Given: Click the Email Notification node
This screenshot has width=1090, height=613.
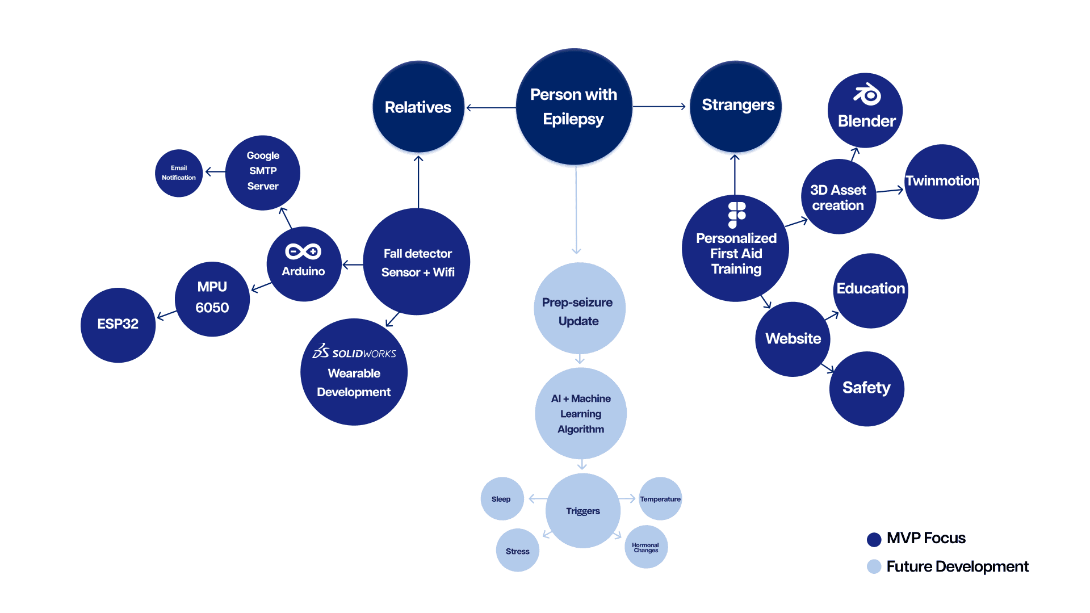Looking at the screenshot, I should pyautogui.click(x=179, y=173).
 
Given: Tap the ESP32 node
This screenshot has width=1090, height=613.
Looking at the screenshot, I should pyautogui.click(x=118, y=325).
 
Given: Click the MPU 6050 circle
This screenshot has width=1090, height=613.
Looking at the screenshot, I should pyautogui.click(x=212, y=299).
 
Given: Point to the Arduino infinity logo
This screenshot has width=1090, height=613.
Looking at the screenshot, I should pyautogui.click(x=303, y=251).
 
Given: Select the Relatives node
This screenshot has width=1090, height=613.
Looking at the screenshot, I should pyautogui.click(x=418, y=107).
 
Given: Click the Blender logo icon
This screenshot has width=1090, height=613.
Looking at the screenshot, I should pyautogui.click(x=867, y=95).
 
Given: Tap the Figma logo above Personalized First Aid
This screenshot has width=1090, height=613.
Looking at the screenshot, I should pyautogui.click(x=736, y=215).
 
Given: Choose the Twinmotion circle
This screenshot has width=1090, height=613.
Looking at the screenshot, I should pyautogui.click(x=942, y=182).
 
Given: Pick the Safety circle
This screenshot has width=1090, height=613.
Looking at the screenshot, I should pyautogui.click(x=866, y=389).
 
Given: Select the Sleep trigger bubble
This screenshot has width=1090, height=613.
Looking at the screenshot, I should pyautogui.click(x=502, y=499).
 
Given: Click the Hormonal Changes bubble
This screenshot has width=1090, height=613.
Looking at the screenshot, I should pyautogui.click(x=646, y=547).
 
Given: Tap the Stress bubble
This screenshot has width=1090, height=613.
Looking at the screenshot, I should pyautogui.click(x=517, y=551).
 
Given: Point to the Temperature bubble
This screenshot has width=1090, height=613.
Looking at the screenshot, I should pyautogui.click(x=660, y=499).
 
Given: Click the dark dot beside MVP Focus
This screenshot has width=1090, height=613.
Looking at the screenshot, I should pyautogui.click(x=874, y=539).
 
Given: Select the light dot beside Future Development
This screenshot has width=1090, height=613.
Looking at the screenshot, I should pyautogui.click(x=874, y=566).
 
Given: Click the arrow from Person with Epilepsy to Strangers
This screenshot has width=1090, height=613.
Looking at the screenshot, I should pyautogui.click(x=659, y=106).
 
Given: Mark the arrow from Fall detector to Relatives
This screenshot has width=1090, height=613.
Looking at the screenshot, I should pyautogui.click(x=418, y=182).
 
